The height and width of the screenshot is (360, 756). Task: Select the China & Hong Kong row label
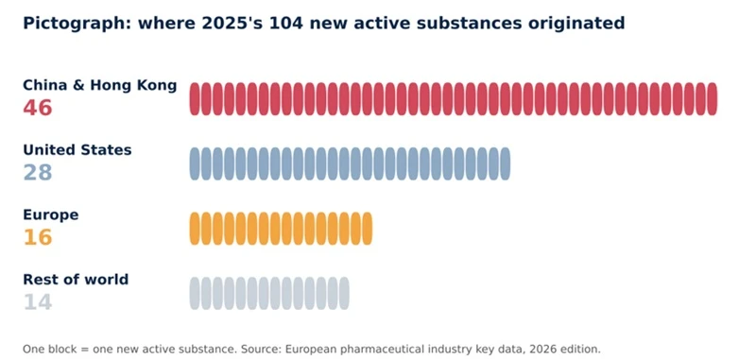point(100,85)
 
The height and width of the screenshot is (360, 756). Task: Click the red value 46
point(38,108)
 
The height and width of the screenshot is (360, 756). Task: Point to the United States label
point(77,150)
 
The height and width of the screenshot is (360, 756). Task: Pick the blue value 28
point(38,172)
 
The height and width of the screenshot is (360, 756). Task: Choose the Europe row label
point(51,214)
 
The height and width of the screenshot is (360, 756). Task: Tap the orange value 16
point(38,236)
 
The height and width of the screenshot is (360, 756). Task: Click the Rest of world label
point(76,280)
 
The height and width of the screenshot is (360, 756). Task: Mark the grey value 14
point(38,301)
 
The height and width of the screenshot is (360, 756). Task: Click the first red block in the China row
point(195,99)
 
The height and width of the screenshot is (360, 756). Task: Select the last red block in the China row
point(713,99)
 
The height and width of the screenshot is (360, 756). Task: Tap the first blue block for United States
point(195,163)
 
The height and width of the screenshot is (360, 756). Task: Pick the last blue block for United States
point(505,163)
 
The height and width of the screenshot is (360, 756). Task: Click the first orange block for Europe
point(195,229)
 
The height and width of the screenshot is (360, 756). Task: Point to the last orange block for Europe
point(367,229)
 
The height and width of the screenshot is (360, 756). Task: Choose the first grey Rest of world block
point(195,293)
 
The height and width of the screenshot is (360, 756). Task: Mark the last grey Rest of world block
point(344,293)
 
